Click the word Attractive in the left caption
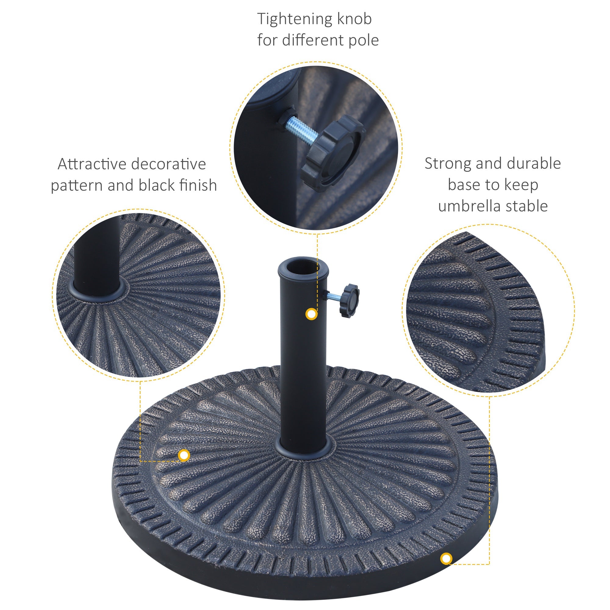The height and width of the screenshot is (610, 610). [x=92, y=164]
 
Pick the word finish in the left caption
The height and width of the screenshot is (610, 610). [x=198, y=185]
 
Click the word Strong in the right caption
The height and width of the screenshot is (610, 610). [x=448, y=164]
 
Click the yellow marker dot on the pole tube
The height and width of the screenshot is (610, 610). [x=312, y=314]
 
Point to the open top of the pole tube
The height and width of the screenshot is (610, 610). [x=303, y=267]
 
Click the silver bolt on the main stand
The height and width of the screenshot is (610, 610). [x=333, y=296]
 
